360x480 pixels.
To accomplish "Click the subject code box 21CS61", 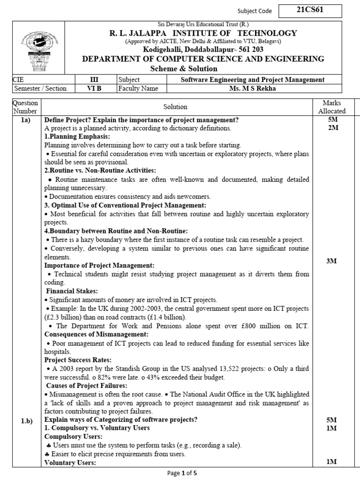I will (x=310, y=10).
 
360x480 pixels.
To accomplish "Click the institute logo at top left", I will (x=36, y=48).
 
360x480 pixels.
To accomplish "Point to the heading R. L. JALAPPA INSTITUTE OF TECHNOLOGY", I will (x=203, y=33).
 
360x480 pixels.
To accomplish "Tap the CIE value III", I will (x=94, y=80).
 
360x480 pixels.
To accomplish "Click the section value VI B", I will (x=94, y=88).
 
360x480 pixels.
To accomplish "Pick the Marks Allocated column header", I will (x=332, y=107).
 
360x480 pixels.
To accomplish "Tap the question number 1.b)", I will (x=26, y=420).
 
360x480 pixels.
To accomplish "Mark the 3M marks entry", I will (x=332, y=261).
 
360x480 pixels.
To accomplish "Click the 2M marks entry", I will (x=332, y=128).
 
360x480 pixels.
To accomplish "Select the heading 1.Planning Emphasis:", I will (x=77, y=136).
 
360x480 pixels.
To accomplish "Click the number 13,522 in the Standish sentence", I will (x=225, y=369).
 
